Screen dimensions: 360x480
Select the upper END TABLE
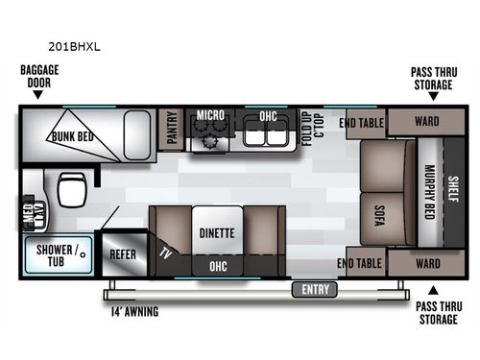pyautogui.click(x=362, y=122)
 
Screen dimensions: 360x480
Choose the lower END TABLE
pyautogui.click(x=362, y=262)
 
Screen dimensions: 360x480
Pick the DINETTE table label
pyautogui.click(x=217, y=230)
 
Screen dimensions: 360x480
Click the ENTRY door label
pyautogui.click(x=314, y=289)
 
